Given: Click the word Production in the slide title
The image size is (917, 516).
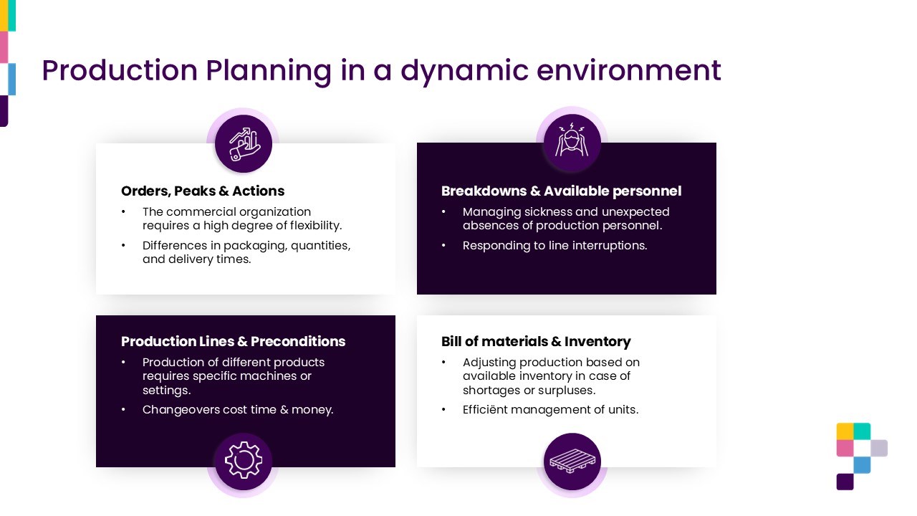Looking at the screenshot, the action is [120, 70].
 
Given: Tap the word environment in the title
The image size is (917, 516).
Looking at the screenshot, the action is [628, 70].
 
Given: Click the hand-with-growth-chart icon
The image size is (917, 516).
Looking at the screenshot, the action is [244, 144].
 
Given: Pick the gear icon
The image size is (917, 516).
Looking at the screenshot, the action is [244, 460].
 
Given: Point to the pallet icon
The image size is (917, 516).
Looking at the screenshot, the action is [572, 462].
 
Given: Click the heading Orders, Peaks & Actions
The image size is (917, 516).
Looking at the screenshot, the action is [203, 191].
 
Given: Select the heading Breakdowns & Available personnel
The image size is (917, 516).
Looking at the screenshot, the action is [561, 191].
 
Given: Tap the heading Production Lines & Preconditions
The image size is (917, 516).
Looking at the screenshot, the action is [234, 341].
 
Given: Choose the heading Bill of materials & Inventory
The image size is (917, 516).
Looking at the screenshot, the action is [536, 341].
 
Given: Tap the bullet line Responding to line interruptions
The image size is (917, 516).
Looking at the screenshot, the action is [554, 246].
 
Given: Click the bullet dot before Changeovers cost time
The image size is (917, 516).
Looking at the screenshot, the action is [123, 409].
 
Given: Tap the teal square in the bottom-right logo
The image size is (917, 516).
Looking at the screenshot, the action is [862, 431].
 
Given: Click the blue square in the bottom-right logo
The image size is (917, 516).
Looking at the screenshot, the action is [862, 465].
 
